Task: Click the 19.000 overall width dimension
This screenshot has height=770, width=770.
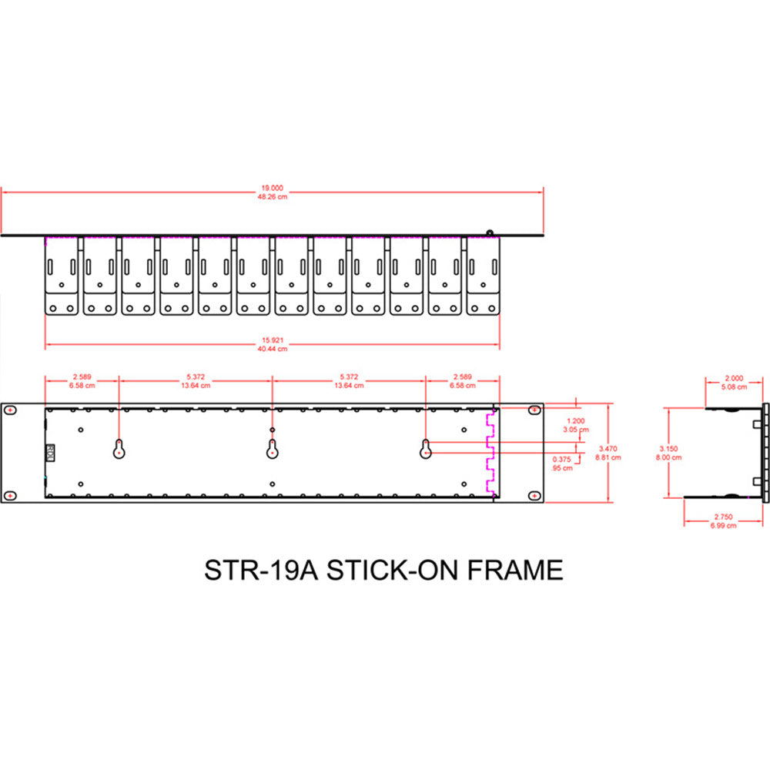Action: pos(273,186)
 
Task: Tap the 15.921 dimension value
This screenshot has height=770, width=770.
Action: pos(273,340)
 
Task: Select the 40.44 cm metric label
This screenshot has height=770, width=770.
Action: pos(273,349)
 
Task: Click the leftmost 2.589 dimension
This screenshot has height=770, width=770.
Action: pos(82,377)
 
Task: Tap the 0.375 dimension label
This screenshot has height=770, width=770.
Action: pos(562,460)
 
